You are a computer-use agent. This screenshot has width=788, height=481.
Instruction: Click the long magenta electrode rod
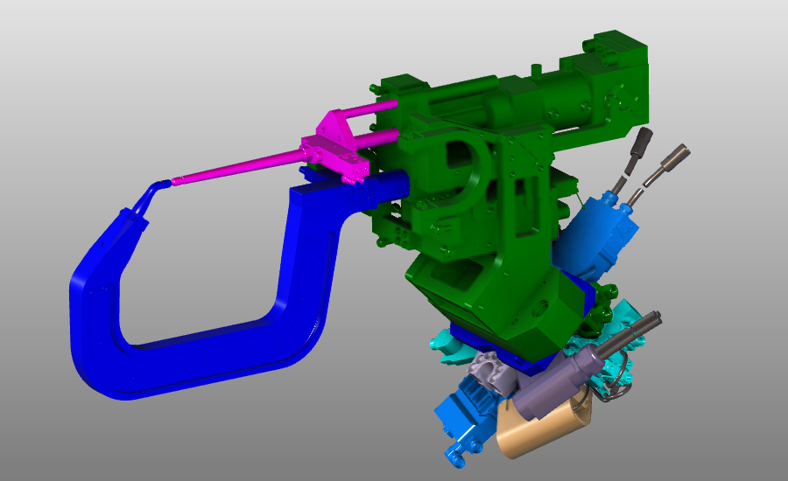coord(236,169)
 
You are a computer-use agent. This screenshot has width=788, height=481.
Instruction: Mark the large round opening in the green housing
coord(464,157)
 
